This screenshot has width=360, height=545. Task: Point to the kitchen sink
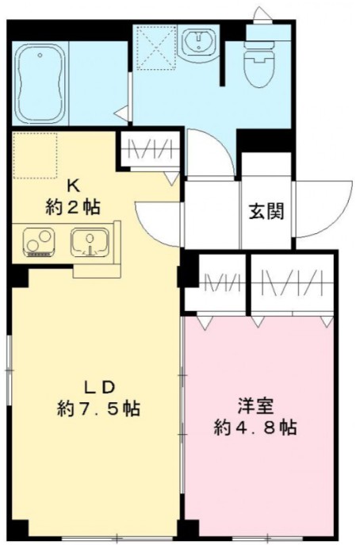coord(91,241)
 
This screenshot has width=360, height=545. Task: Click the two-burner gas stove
coord(37,242)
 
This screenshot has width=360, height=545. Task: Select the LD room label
coord(101,387)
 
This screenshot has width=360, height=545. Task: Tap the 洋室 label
coord(255,405)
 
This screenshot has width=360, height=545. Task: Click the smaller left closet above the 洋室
coord(215,283)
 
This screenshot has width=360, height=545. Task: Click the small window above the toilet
coord(260,14)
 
